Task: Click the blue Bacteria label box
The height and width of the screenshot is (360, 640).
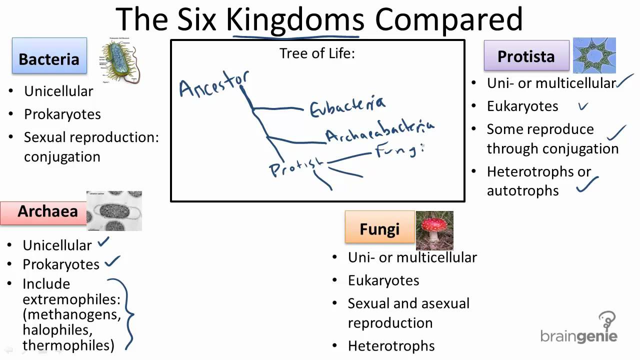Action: (x=49, y=58)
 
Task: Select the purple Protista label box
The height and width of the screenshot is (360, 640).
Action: (x=526, y=56)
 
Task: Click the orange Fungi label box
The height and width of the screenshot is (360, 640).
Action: (x=379, y=228)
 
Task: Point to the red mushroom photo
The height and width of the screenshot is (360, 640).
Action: (x=434, y=230)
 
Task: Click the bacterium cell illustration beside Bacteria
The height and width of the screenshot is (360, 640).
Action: (x=120, y=61)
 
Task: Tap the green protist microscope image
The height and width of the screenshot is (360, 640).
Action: (x=594, y=55)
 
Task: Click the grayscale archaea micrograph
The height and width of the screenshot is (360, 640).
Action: (x=114, y=211)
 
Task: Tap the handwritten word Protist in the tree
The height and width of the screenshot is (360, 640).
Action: (x=295, y=166)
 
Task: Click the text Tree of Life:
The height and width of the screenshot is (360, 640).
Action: (x=317, y=53)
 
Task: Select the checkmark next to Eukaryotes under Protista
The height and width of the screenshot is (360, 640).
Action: (x=582, y=106)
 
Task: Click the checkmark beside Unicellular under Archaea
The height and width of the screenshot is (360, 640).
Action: (x=104, y=242)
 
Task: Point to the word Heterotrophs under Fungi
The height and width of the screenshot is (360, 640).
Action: (x=391, y=345)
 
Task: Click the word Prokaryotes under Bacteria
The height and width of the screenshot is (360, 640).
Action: (x=62, y=114)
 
